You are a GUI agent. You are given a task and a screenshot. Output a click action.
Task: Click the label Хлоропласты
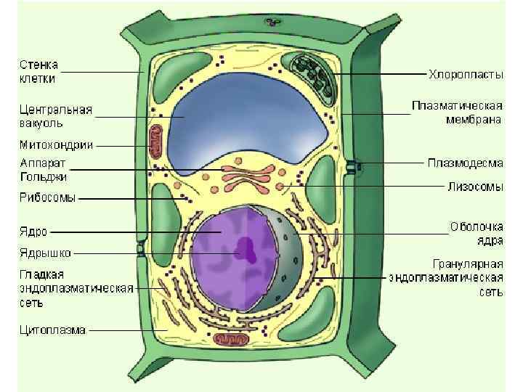tap(465, 74)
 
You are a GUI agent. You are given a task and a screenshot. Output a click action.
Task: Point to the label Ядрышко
tap(44, 254)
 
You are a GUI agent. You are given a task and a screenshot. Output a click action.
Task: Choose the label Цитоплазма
tap(52, 330)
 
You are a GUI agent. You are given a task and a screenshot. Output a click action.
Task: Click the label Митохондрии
tap(55, 144)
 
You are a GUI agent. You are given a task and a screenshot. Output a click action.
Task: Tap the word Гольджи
tap(44, 176)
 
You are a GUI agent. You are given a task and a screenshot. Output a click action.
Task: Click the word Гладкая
tap(41, 274)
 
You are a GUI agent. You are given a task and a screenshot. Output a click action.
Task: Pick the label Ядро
tap(33, 232)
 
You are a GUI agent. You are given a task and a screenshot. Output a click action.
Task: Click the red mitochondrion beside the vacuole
tap(156, 141)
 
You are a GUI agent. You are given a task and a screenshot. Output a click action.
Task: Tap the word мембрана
tap(473, 120)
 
